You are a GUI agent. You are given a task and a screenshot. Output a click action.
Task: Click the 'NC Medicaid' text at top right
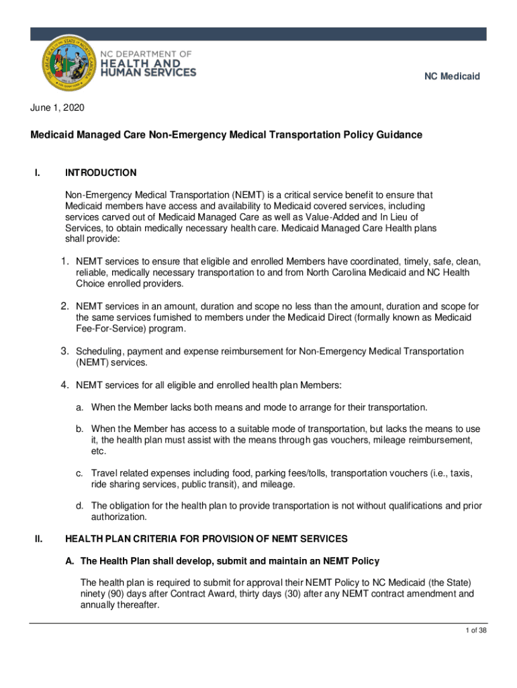click(451, 77)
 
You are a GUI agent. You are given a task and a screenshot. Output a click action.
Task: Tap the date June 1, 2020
click(57, 107)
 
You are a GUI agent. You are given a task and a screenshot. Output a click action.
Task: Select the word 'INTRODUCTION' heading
click(101, 173)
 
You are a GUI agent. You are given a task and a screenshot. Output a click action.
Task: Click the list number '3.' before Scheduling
click(66, 351)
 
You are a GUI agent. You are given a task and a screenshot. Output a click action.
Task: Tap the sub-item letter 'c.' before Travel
click(79, 474)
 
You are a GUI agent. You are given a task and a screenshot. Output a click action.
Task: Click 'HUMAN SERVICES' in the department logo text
click(148, 73)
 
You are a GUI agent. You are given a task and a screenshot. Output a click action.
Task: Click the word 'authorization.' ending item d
click(120, 517)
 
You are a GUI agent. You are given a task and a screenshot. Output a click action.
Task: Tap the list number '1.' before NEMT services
click(66, 261)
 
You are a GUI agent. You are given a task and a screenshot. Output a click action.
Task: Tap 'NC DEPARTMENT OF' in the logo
click(146, 53)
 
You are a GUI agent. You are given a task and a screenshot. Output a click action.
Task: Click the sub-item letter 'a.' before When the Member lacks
click(79, 407)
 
